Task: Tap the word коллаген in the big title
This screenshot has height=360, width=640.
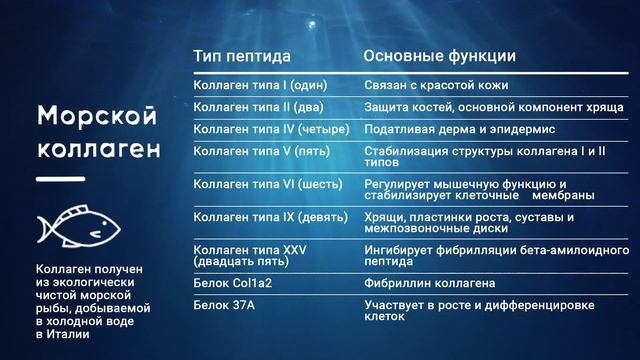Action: (97, 151)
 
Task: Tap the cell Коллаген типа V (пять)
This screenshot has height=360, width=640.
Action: (258, 153)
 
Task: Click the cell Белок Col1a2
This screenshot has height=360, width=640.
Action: (231, 284)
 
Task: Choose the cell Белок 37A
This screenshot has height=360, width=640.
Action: (223, 304)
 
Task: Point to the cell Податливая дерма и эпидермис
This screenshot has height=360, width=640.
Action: (459, 130)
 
